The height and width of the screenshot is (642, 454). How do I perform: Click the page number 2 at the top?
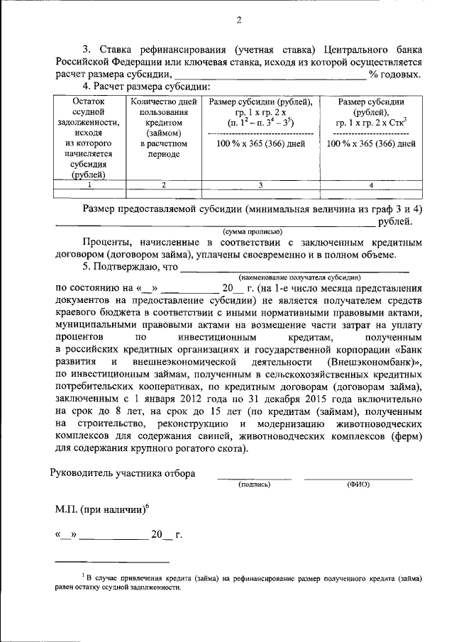238,20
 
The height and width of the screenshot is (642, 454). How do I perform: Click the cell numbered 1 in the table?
89,185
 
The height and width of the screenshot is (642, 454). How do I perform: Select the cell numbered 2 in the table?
164,185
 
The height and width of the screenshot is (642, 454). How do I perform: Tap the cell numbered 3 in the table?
260,185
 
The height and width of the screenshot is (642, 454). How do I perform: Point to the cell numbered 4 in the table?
370,185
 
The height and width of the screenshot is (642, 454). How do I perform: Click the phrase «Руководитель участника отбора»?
123,473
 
